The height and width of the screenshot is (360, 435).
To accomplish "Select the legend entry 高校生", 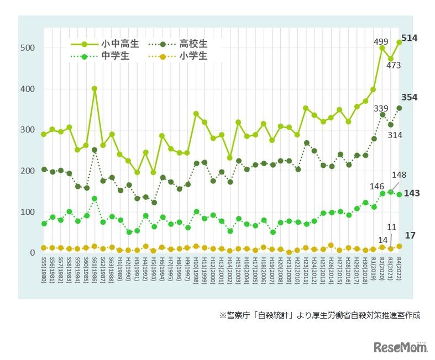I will point(193,43).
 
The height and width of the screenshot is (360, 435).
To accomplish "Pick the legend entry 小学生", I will point(193,56).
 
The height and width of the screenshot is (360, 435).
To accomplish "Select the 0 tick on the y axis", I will point(33,253).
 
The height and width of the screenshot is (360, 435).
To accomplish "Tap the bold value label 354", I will point(410,97).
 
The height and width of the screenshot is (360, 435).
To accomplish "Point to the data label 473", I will point(394,65).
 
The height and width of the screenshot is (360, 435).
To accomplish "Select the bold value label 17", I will point(410,235).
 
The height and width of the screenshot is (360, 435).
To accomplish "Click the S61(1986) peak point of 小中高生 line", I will point(95,88).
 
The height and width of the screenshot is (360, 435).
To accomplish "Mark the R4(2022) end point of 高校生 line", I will point(399,108).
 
